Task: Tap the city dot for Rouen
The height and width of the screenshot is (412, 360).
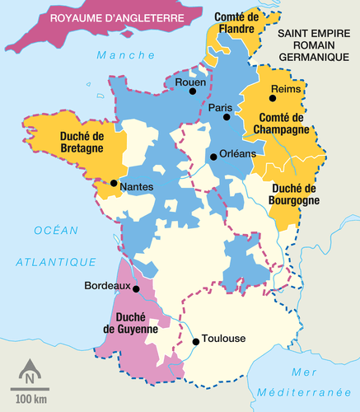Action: [194, 91]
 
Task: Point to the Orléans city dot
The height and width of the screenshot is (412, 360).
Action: [213, 157]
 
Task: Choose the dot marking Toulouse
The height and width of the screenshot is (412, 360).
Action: [195, 341]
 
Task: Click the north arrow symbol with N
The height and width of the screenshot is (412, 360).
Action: [30, 372]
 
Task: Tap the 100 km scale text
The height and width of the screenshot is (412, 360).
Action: [30, 400]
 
